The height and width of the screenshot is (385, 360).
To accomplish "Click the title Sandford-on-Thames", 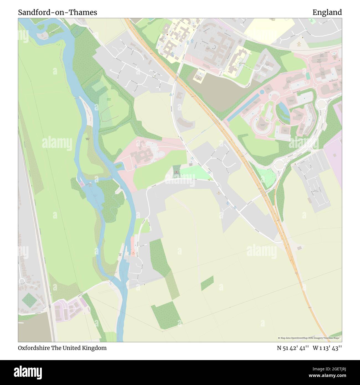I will (x=58, y=12).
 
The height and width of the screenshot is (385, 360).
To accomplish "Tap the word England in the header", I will (x=327, y=12).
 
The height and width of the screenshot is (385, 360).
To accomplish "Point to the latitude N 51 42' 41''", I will (x=293, y=348).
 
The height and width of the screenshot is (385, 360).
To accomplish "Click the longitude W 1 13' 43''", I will (x=327, y=348).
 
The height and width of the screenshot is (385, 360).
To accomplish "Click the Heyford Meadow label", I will (x=109, y=100).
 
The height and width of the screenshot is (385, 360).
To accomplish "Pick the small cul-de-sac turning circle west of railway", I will (x=22, y=282).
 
